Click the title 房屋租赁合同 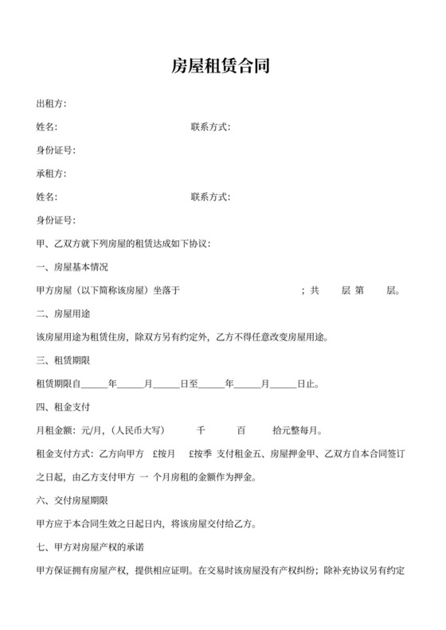click(222, 66)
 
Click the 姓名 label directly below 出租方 click(47, 127)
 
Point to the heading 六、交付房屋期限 click(78, 501)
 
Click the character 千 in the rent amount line click(201, 431)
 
